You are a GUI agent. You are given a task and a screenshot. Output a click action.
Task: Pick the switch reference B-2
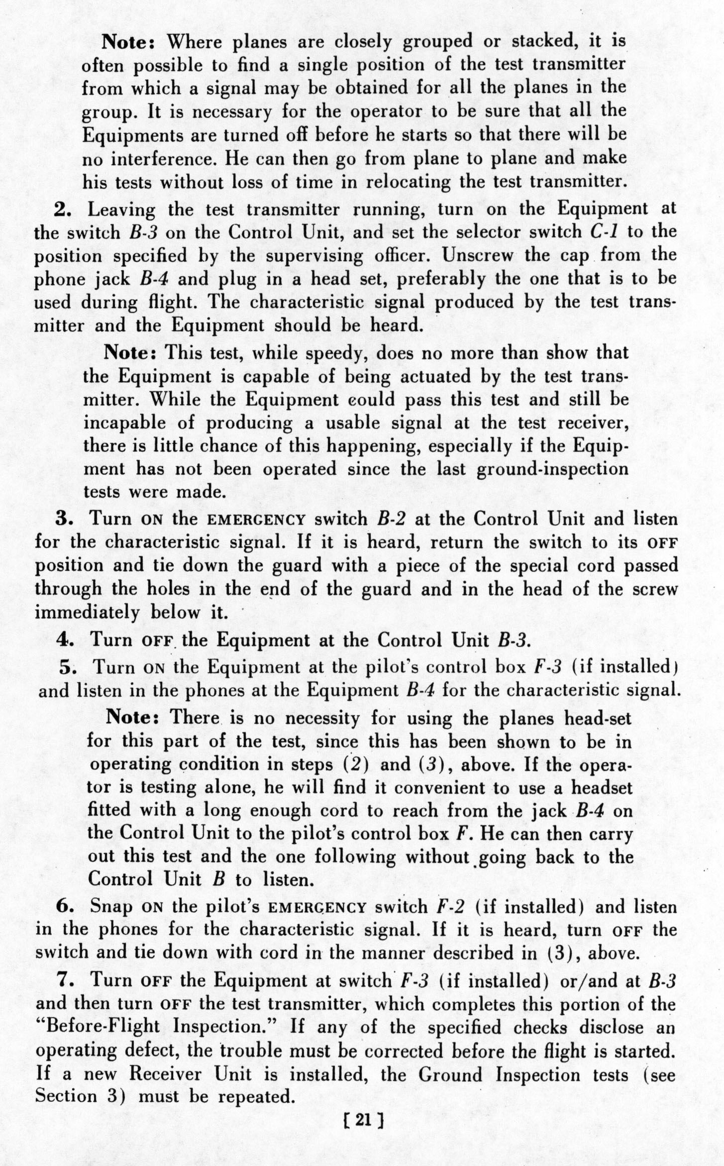(393, 519)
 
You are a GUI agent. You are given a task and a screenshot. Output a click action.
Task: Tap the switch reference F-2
(450, 907)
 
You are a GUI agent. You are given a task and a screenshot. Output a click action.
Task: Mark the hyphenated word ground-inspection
(552, 469)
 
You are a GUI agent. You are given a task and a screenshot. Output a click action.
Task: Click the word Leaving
(121, 210)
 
